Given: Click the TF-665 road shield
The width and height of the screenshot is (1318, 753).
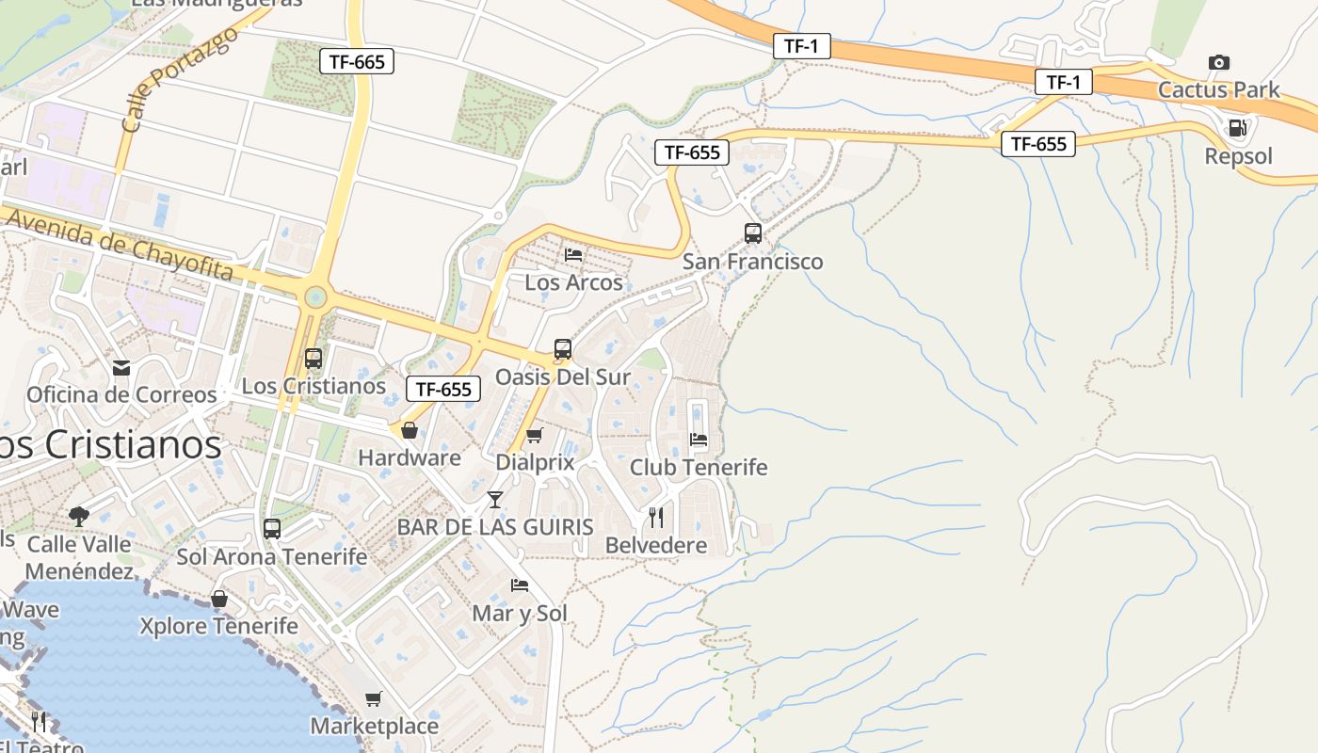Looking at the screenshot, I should [x=356, y=62].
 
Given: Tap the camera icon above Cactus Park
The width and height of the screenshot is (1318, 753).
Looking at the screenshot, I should [x=1219, y=63].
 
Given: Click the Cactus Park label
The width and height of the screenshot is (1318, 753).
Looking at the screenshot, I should [x=1219, y=90].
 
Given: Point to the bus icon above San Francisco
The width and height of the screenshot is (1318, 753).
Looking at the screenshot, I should [x=752, y=233].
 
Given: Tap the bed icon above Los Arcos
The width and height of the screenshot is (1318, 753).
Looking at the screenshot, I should [x=573, y=254].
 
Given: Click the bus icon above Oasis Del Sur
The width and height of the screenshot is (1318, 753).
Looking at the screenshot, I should [x=563, y=349].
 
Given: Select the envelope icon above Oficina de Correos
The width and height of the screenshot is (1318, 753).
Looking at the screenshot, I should [x=121, y=367].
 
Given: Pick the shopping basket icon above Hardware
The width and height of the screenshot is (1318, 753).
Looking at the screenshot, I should [x=410, y=430].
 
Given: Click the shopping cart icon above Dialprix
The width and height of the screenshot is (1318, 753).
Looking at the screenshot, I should [x=535, y=435].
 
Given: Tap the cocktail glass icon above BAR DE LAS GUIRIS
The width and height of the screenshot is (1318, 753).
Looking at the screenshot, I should [x=495, y=499].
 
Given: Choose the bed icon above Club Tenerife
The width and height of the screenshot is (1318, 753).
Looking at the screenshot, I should [x=699, y=439].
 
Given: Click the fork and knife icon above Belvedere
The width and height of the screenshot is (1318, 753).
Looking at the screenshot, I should [x=656, y=517].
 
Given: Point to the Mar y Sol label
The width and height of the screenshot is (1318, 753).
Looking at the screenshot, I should [x=520, y=614].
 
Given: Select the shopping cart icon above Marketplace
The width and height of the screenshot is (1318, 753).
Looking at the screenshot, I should [x=374, y=698].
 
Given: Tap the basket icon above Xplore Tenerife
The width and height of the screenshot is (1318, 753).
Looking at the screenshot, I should [x=219, y=599].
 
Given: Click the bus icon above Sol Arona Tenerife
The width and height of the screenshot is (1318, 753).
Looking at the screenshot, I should [x=272, y=528].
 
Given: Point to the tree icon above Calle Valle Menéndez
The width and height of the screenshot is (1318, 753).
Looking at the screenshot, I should [x=79, y=516].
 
